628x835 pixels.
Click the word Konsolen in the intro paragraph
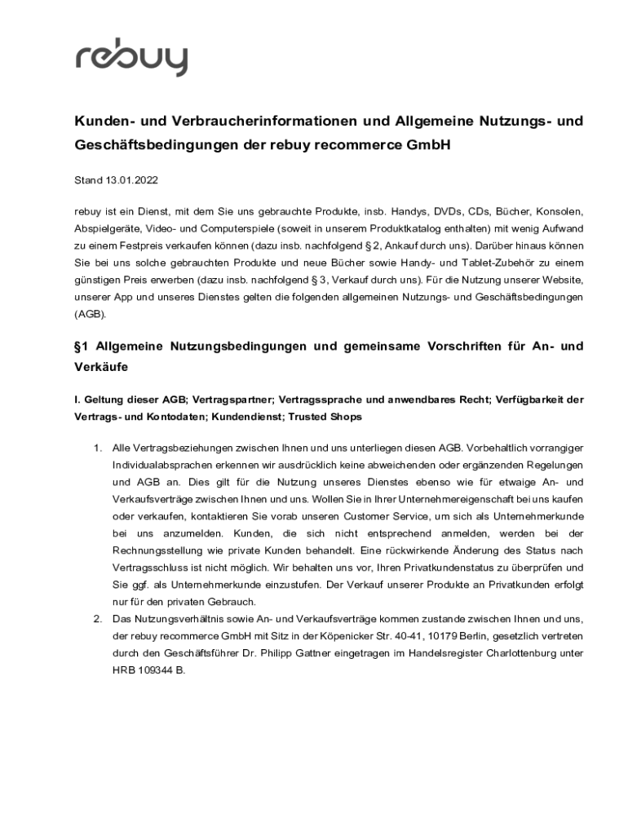point(560,211)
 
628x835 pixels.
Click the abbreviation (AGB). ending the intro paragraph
point(90,314)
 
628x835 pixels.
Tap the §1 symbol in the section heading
point(82,347)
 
